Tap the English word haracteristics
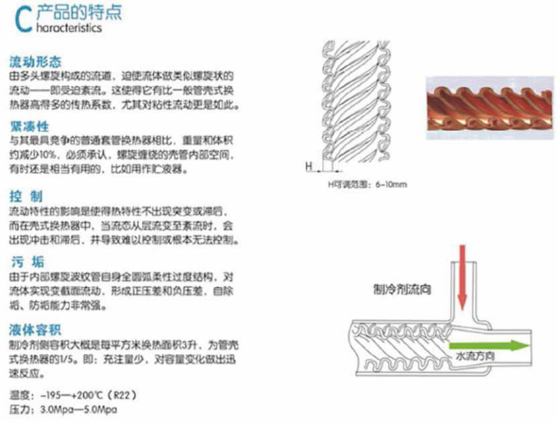point(67,28)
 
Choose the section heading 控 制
point(27,196)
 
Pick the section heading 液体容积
point(35,330)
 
